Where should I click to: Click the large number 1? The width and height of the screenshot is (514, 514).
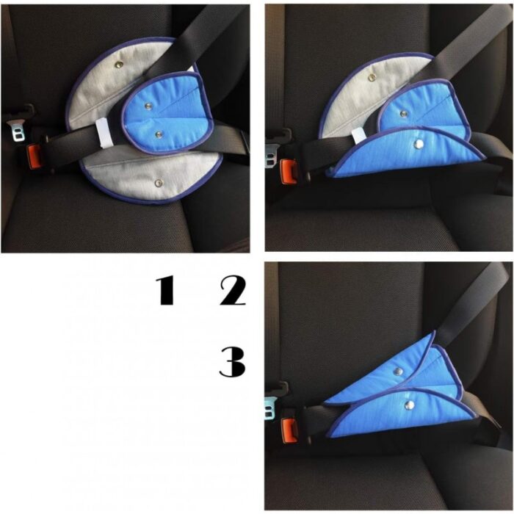pyautogui.click(x=165, y=291)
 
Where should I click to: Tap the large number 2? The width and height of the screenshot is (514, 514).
pyautogui.click(x=233, y=291)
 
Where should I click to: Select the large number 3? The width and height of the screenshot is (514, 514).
pyautogui.click(x=233, y=362)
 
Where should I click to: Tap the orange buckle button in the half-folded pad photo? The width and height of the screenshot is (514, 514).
pyautogui.click(x=289, y=172)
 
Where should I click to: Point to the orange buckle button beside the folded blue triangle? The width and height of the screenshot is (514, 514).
pyautogui.click(x=290, y=431)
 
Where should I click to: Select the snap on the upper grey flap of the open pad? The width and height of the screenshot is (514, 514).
pyautogui.click(x=117, y=65)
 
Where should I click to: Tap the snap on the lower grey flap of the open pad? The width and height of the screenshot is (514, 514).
pyautogui.click(x=159, y=182)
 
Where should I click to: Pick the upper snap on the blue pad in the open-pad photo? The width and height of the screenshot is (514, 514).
pyautogui.click(x=148, y=105)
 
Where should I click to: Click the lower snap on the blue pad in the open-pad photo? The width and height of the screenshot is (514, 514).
pyautogui.click(x=159, y=134)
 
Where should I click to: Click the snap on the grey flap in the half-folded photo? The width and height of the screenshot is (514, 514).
pyautogui.click(x=372, y=78)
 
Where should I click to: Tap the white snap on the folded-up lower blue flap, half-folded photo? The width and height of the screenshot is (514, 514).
pyautogui.click(x=418, y=144)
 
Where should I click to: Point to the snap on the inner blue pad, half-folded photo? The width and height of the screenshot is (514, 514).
pyautogui.click(x=403, y=114)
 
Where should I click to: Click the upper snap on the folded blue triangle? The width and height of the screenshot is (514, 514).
pyautogui.click(x=398, y=371)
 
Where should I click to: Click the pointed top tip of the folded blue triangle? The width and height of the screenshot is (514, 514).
pyautogui.click(x=435, y=332)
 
